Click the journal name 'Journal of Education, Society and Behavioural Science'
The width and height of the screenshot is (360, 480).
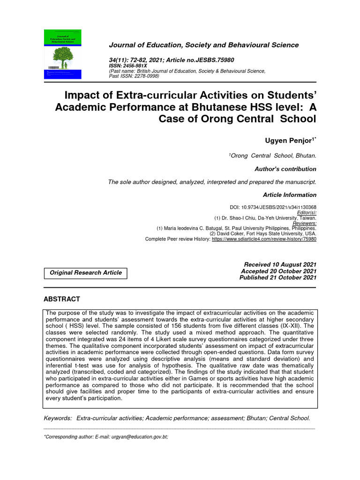(x=203, y=45)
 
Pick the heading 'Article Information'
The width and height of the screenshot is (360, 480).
(x=290, y=195)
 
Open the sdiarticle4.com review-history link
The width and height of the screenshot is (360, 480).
(x=264, y=239)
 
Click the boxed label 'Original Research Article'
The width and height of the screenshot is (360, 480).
(x=85, y=272)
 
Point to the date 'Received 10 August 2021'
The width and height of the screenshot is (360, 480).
(x=278, y=265)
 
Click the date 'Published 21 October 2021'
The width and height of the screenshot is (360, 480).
(x=278, y=277)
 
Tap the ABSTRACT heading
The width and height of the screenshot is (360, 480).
(x=61, y=299)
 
